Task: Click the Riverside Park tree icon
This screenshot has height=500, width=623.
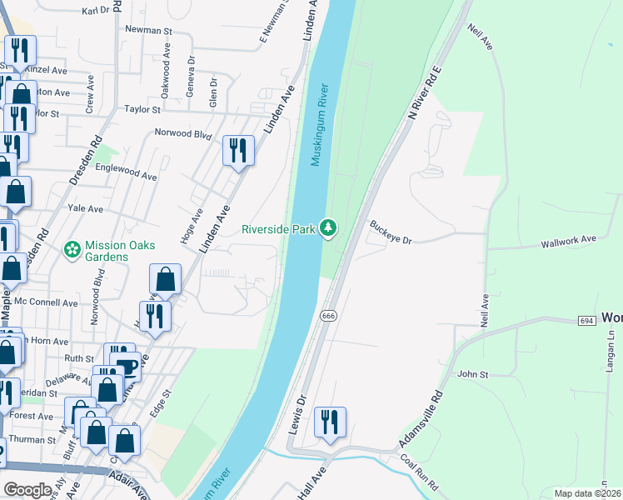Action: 330,227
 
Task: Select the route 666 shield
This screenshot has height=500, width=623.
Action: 326,316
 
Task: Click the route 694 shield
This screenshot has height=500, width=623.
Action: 586,320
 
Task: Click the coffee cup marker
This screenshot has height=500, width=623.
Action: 127,365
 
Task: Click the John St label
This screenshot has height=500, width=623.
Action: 471,375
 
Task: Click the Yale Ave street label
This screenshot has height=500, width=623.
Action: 85,208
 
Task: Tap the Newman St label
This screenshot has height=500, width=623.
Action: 147,29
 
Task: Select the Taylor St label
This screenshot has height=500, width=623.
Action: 142,109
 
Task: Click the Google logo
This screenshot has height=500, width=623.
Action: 27,489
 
